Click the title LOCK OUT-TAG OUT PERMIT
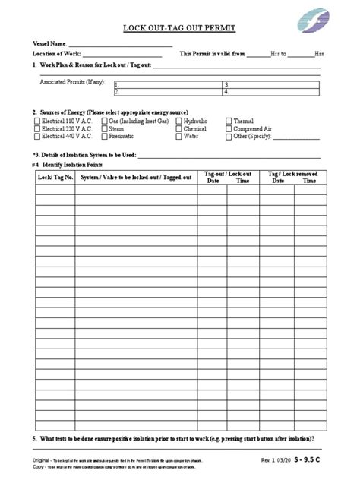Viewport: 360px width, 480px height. pos(180,29)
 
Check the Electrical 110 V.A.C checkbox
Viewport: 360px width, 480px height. pos(36,121)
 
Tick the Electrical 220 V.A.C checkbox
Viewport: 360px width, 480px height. pos(36,129)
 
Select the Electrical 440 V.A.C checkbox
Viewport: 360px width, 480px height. pos(36,137)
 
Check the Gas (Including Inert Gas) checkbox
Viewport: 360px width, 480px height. pos(103,121)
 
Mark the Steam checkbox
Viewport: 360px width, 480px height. pos(103,129)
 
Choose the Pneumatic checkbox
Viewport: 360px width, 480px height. pos(103,137)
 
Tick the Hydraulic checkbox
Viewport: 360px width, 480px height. pos(178,121)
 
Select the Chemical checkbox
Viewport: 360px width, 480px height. pos(178,129)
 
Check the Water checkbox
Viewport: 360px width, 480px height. pos(178,137)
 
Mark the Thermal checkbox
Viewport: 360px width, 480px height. pos(229,121)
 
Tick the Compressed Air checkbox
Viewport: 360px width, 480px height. pos(229,129)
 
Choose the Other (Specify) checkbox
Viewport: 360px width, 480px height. pos(229,137)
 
